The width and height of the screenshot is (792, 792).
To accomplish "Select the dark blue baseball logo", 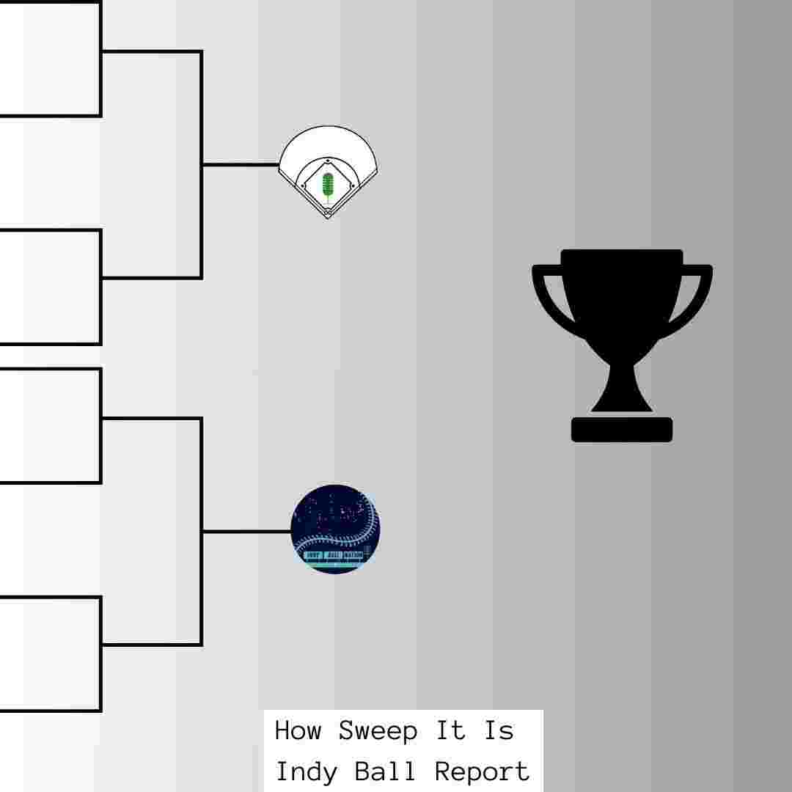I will coord(335,529).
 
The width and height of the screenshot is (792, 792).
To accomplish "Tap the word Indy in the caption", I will coord(307,771).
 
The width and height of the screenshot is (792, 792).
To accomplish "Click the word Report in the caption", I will coord(482,771).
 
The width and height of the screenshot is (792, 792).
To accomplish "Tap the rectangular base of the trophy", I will coord(622,430).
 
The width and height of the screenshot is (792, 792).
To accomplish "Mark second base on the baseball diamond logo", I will coord(328,160).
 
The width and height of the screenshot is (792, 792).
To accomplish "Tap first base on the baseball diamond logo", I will coord(353,186).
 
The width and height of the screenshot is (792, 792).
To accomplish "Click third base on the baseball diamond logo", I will coord(304,186).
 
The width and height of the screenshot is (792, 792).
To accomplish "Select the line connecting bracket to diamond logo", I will coord(240,165).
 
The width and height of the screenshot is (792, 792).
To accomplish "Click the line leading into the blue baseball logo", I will coord(246,531).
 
